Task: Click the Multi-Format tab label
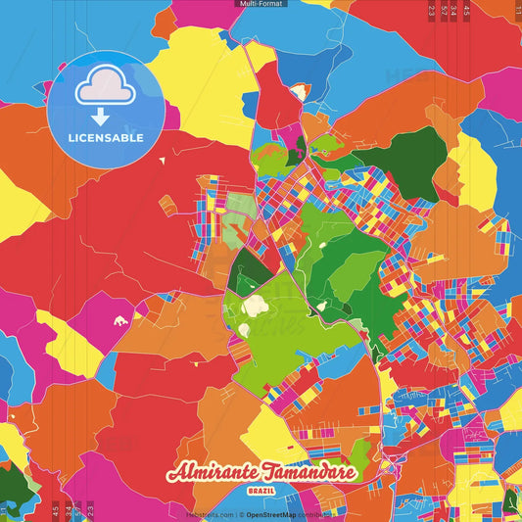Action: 261,4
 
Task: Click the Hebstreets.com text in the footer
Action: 210,513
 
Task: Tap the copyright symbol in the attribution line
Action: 241,513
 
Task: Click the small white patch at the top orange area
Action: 299,91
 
